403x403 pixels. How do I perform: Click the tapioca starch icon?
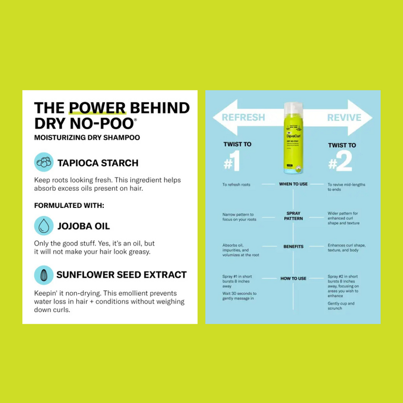[x=44, y=162]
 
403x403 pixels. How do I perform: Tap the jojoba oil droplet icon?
[x=44, y=226]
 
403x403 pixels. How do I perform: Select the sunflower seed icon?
[x=44, y=275]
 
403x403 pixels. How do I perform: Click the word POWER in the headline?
[x=98, y=107]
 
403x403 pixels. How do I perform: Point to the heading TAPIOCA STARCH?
[x=98, y=162]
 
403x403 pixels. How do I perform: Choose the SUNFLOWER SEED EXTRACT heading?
[x=121, y=275]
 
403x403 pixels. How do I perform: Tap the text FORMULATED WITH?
[x=69, y=205]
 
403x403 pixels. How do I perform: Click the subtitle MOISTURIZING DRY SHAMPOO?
[x=87, y=138]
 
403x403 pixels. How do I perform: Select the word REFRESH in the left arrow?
[x=243, y=118]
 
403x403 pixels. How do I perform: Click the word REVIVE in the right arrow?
[x=344, y=118]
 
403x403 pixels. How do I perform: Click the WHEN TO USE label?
[x=293, y=184]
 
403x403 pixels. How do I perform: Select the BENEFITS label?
[x=293, y=247]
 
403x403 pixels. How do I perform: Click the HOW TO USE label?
[x=293, y=278]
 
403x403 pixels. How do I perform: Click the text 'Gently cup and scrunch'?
[x=342, y=306]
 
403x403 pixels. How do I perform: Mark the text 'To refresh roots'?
[x=236, y=184]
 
